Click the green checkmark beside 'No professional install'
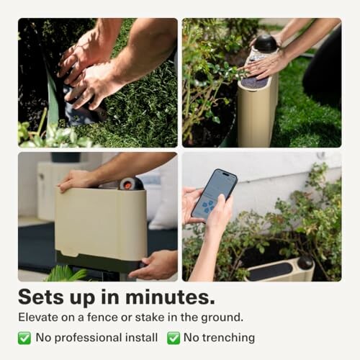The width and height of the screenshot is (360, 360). [24, 338]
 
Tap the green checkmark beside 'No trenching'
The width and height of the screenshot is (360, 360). [174, 338]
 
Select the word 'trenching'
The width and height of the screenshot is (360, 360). [228, 338]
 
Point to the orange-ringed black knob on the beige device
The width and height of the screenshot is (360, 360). [132, 184]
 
